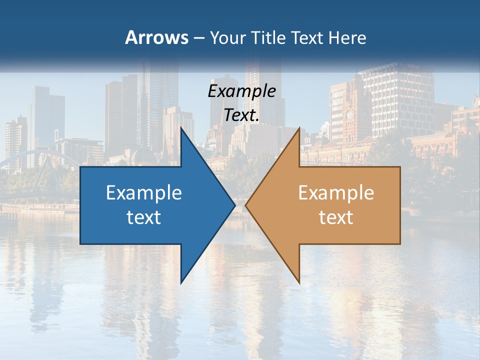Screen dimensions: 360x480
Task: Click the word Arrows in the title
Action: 156,37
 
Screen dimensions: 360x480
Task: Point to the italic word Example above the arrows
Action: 242,91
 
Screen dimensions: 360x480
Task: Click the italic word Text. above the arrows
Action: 242,115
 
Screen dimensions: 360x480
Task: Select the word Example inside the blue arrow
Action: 144,193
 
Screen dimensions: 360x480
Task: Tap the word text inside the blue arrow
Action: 144,217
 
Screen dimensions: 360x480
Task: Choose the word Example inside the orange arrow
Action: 336,193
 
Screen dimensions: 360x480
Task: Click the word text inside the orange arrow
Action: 336,217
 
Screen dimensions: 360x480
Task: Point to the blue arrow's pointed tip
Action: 234,205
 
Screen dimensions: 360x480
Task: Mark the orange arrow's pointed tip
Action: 246,205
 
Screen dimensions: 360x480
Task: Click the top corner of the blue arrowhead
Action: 181,128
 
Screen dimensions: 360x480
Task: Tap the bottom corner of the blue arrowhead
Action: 181,282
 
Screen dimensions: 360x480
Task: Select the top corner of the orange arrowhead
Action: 299,128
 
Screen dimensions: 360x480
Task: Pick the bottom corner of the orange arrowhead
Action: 299,282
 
